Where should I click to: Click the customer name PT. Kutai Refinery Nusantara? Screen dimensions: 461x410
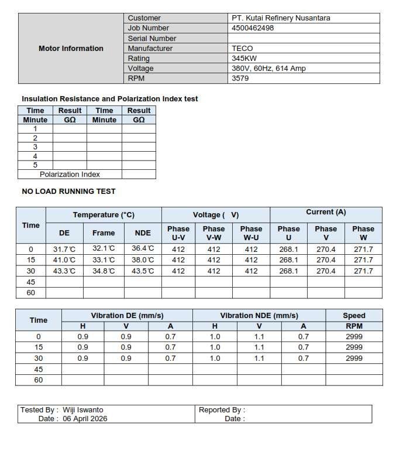tap(281, 18)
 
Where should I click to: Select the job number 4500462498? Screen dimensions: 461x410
tap(253, 28)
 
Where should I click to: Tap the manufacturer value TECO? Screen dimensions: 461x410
tap(242, 49)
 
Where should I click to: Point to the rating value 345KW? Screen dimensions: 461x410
tap(244, 59)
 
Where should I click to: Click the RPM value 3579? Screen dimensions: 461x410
tap(240, 78)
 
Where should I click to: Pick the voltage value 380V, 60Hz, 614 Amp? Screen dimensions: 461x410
tap(268, 69)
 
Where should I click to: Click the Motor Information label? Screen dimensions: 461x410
tap(71, 49)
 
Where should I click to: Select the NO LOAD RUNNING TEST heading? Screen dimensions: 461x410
tap(68, 192)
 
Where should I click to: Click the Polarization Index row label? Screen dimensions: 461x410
tap(70, 175)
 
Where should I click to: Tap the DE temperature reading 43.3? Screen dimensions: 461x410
tap(64, 271)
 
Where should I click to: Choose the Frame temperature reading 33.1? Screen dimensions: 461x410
tap(104, 260)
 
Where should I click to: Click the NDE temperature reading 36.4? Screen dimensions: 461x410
tap(143, 249)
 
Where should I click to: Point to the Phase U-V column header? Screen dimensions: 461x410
tap(178, 233)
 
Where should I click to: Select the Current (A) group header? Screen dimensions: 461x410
tap(326, 212)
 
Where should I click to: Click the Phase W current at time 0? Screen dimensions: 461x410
tap(363, 249)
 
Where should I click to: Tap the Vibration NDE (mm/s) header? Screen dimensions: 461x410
tap(259, 316)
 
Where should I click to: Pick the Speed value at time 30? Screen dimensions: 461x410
tap(354, 358)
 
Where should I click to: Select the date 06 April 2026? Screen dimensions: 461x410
tap(85, 419)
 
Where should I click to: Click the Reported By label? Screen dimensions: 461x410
tap(222, 410)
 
